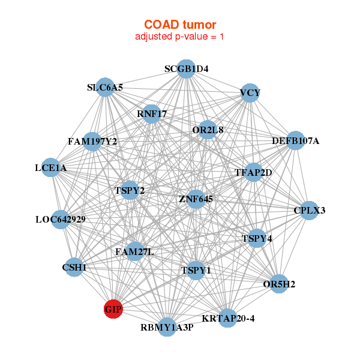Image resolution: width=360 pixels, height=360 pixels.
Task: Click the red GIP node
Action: pos(113,309)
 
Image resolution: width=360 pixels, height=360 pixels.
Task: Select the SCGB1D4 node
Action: pos(186,69)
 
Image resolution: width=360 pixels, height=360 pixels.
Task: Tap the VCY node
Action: pos(250,92)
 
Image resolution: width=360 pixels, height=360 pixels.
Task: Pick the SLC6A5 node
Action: pos(105,88)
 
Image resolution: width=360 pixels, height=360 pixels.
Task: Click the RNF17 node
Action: pos(152,113)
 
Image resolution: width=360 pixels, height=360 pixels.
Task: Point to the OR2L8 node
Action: pos(208,130)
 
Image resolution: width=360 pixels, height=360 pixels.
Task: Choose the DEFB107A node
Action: pos(295,141)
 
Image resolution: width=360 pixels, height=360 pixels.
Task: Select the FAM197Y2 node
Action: pos(92,142)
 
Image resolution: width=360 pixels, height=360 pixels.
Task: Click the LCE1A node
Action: pos(50,169)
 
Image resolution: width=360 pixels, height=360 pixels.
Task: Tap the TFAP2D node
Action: pos(253,173)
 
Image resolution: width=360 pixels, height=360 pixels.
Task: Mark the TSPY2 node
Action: pos(130,191)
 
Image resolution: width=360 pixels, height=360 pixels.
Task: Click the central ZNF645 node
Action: pos(196,199)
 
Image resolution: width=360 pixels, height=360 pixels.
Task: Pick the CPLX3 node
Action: pos(309,211)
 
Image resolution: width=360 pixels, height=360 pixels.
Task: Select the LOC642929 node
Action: pos(60,220)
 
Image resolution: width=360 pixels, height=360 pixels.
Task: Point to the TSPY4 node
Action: pos(257,238)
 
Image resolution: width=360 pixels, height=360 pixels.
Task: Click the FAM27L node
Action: pos(134,251)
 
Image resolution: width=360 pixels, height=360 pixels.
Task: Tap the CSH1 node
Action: pos(74,267)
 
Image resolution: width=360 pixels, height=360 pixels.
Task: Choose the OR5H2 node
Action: pos(278,283)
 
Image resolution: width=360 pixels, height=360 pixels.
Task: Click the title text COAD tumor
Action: pos(180,25)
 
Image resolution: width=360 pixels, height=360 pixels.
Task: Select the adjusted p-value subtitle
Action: pos(180,37)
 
